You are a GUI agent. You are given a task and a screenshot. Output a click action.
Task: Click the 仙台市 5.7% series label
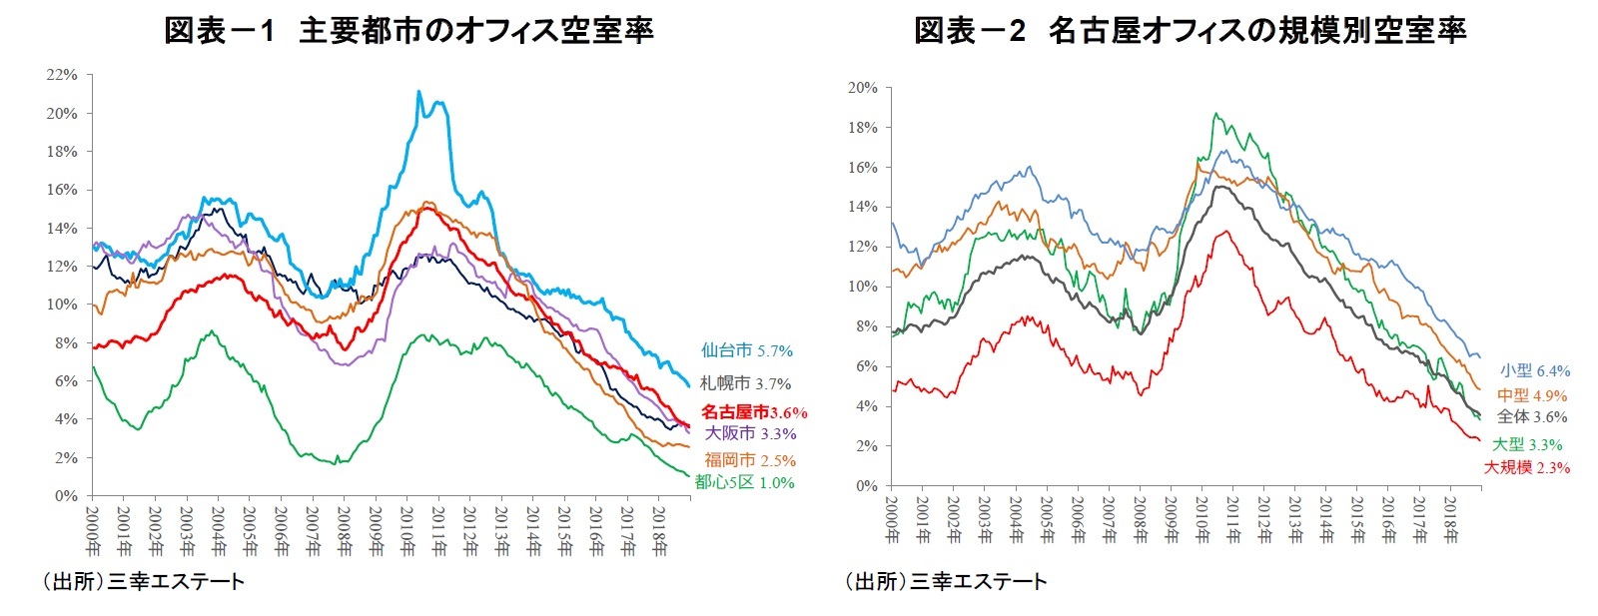pos(746,350)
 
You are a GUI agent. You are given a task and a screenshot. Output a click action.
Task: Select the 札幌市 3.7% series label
pos(745,383)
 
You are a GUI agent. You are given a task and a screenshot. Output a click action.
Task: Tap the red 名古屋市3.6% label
pos(753,411)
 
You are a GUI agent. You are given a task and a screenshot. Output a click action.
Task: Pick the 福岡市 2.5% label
pos(750,460)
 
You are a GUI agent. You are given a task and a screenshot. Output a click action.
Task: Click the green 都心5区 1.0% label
pos(744,482)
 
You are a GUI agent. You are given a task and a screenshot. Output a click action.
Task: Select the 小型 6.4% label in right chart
pos(1534,370)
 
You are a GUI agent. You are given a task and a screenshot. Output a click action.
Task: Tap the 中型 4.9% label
pos(1531,395)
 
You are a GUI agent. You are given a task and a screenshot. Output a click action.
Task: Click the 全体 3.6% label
pos(1531,417)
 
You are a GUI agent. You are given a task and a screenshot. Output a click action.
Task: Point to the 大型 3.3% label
pos(1527,444)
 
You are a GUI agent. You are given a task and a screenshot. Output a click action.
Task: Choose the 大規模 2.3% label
pos(1526,467)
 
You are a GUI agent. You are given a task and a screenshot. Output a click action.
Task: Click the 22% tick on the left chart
pos(61,75)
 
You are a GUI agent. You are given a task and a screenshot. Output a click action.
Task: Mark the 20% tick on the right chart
pos(862,88)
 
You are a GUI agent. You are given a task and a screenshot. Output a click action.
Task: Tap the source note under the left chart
pos(141,581)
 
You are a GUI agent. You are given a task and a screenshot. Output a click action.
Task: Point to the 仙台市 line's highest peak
pos(418,92)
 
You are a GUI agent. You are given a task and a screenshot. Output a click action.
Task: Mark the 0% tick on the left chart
pos(65,495)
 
